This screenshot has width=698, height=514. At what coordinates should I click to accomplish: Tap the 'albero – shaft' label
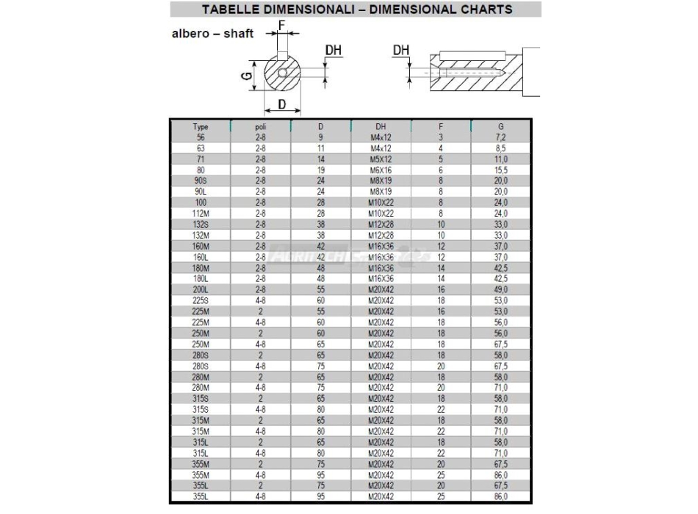[x=212, y=34]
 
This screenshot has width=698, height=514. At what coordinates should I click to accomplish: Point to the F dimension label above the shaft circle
[x=282, y=24]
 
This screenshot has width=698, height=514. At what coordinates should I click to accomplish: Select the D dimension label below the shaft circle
[x=282, y=105]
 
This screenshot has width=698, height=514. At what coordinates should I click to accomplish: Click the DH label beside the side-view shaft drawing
[x=401, y=50]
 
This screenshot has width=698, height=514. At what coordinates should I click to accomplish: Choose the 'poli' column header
[x=260, y=127]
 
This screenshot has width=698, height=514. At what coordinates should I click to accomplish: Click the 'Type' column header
[x=200, y=127]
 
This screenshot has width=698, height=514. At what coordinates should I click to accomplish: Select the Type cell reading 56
[x=200, y=137]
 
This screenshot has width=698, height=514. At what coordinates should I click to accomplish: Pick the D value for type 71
[x=320, y=159]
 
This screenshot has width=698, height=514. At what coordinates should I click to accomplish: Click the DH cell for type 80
[x=381, y=170]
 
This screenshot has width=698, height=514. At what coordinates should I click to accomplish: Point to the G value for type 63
[x=501, y=148]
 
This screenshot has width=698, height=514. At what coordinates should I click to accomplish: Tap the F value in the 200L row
[x=441, y=289]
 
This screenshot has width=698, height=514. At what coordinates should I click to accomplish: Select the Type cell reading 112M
[x=200, y=213]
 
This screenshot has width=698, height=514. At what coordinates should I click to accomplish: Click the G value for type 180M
[x=501, y=268]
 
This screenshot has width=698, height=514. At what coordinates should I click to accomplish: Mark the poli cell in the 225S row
[x=260, y=300]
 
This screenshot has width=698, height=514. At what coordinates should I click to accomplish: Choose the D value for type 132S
[x=320, y=224]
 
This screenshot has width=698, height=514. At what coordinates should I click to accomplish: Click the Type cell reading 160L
[x=200, y=257]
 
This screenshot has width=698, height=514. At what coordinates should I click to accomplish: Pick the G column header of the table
[x=501, y=127]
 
